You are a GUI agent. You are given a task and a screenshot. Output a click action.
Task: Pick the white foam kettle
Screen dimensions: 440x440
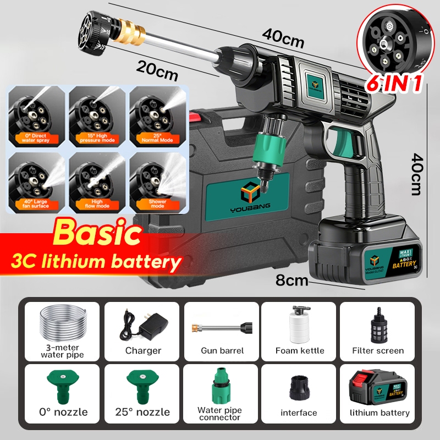click(x=299, y=324)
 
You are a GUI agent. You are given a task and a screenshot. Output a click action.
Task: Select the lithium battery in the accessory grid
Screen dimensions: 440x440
click(x=378, y=386)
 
